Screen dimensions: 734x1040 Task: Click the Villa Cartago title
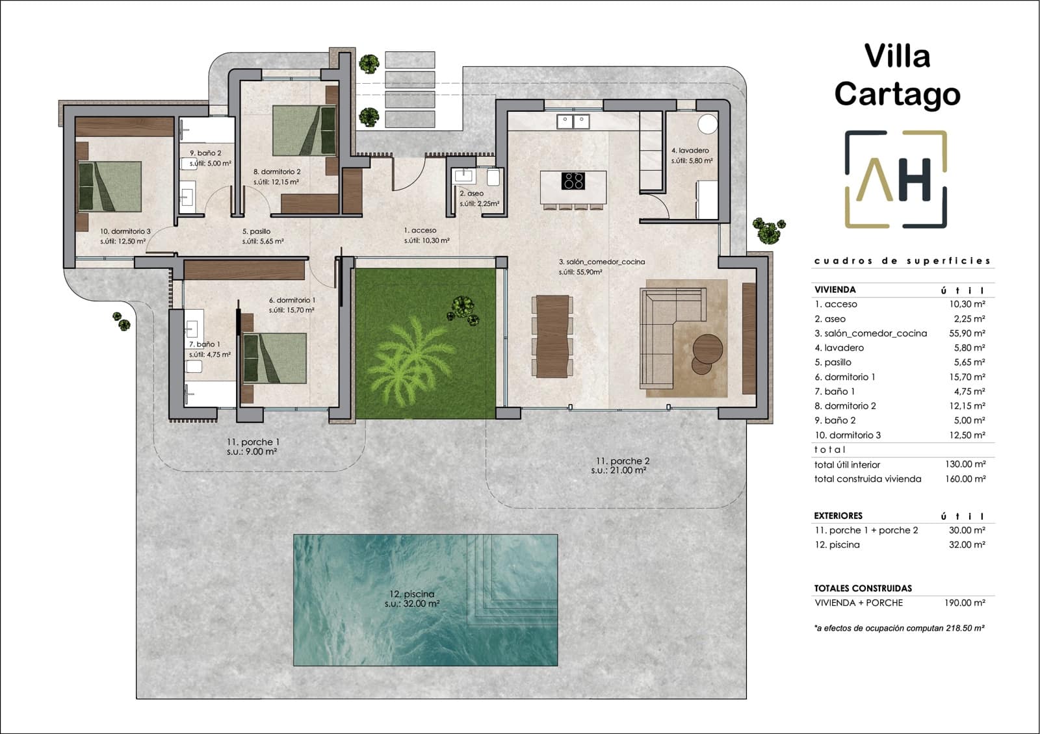[x=897, y=75]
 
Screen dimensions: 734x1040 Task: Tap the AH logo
[x=896, y=179]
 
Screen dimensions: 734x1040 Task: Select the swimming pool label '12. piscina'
[x=411, y=594]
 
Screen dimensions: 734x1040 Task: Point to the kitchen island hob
[x=573, y=180]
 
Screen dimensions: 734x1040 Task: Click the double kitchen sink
[x=573, y=121]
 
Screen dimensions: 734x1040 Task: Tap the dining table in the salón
[x=552, y=336]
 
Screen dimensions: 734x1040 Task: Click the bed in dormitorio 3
[x=109, y=186]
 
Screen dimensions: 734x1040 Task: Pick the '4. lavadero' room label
[x=690, y=151]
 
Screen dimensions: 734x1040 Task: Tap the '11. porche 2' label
[x=622, y=461]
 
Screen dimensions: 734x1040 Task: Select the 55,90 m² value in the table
[x=967, y=333]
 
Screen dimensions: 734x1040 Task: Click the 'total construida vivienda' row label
[x=867, y=479]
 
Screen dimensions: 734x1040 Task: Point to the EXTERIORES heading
[x=838, y=516]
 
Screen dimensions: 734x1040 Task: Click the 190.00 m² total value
[x=965, y=603]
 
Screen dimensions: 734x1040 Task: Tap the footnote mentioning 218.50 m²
[x=898, y=628]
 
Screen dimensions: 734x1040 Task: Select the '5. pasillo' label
[x=256, y=231]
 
